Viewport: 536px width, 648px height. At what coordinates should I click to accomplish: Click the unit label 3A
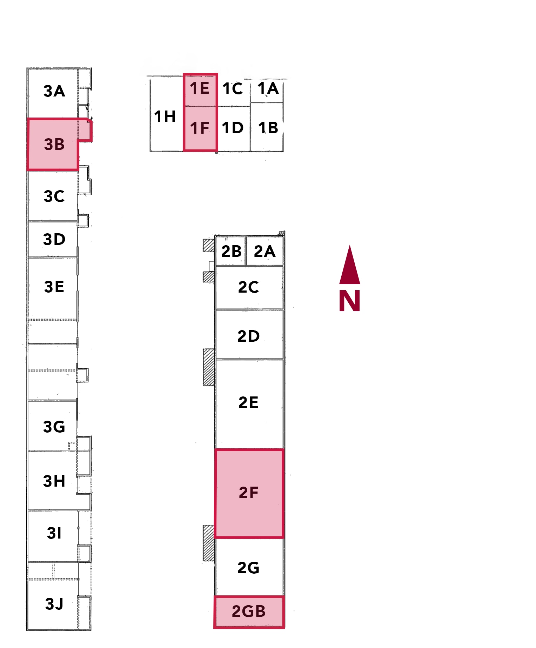tap(54, 91)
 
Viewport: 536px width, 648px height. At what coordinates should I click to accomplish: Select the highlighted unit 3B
tap(54, 145)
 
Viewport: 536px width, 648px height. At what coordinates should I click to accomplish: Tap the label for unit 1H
tap(165, 116)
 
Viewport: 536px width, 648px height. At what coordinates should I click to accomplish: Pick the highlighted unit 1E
tap(200, 88)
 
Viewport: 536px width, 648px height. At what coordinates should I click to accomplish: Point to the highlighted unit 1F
tap(200, 128)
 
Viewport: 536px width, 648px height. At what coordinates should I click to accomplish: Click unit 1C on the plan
tap(233, 89)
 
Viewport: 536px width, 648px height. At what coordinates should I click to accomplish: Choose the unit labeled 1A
tap(268, 88)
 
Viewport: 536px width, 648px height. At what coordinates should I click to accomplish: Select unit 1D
tap(233, 128)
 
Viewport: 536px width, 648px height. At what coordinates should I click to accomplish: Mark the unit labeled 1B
tap(268, 128)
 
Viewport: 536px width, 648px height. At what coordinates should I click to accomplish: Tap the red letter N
tap(350, 301)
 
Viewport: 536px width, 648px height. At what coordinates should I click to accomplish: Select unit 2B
tap(231, 252)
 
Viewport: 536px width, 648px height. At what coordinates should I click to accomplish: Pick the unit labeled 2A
tap(264, 252)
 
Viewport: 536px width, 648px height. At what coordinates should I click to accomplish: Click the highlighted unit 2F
tap(249, 493)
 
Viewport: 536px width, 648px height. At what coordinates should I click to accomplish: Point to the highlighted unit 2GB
tap(249, 612)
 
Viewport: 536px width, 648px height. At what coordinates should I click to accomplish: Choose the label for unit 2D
tap(249, 336)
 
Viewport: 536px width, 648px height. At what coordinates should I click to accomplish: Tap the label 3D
tap(54, 240)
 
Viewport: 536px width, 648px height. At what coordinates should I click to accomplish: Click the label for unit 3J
tap(54, 604)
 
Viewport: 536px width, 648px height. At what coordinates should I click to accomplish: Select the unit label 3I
tap(54, 533)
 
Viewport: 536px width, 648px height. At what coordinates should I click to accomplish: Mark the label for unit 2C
tap(249, 287)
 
